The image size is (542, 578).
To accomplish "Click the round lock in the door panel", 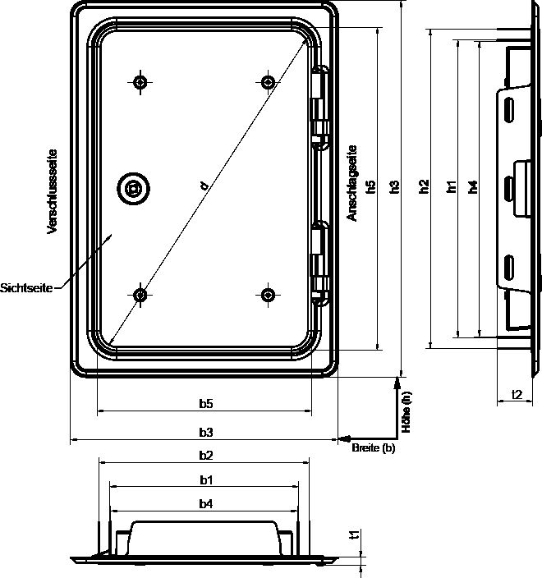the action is point(134,188).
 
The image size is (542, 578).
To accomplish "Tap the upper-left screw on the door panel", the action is point(140,82).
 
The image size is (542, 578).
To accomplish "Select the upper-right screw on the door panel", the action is point(268,82).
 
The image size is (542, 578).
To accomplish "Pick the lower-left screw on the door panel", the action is point(140,295).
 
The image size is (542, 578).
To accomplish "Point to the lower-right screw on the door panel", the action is point(268,295).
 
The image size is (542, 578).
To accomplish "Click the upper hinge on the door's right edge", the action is point(320,108).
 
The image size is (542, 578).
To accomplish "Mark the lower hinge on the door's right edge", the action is point(320,263).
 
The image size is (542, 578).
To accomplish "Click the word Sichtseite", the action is point(26,288).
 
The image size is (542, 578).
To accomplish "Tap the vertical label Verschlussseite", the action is point(53,191).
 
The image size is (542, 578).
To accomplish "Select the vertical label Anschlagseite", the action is point(352,183).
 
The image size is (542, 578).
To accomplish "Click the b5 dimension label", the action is point(206,404).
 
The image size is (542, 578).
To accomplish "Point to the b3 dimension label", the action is point(206,432).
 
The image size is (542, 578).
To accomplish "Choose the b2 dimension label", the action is point(206,456).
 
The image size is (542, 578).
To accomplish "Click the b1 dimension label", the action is point(206,480).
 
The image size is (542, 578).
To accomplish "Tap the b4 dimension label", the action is point(206,504).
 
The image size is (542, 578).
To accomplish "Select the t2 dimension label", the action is point(517,394).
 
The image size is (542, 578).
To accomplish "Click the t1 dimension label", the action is point(354,534).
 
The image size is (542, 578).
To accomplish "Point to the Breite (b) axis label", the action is point(373,448).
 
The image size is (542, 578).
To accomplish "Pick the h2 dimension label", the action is point(425,186).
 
